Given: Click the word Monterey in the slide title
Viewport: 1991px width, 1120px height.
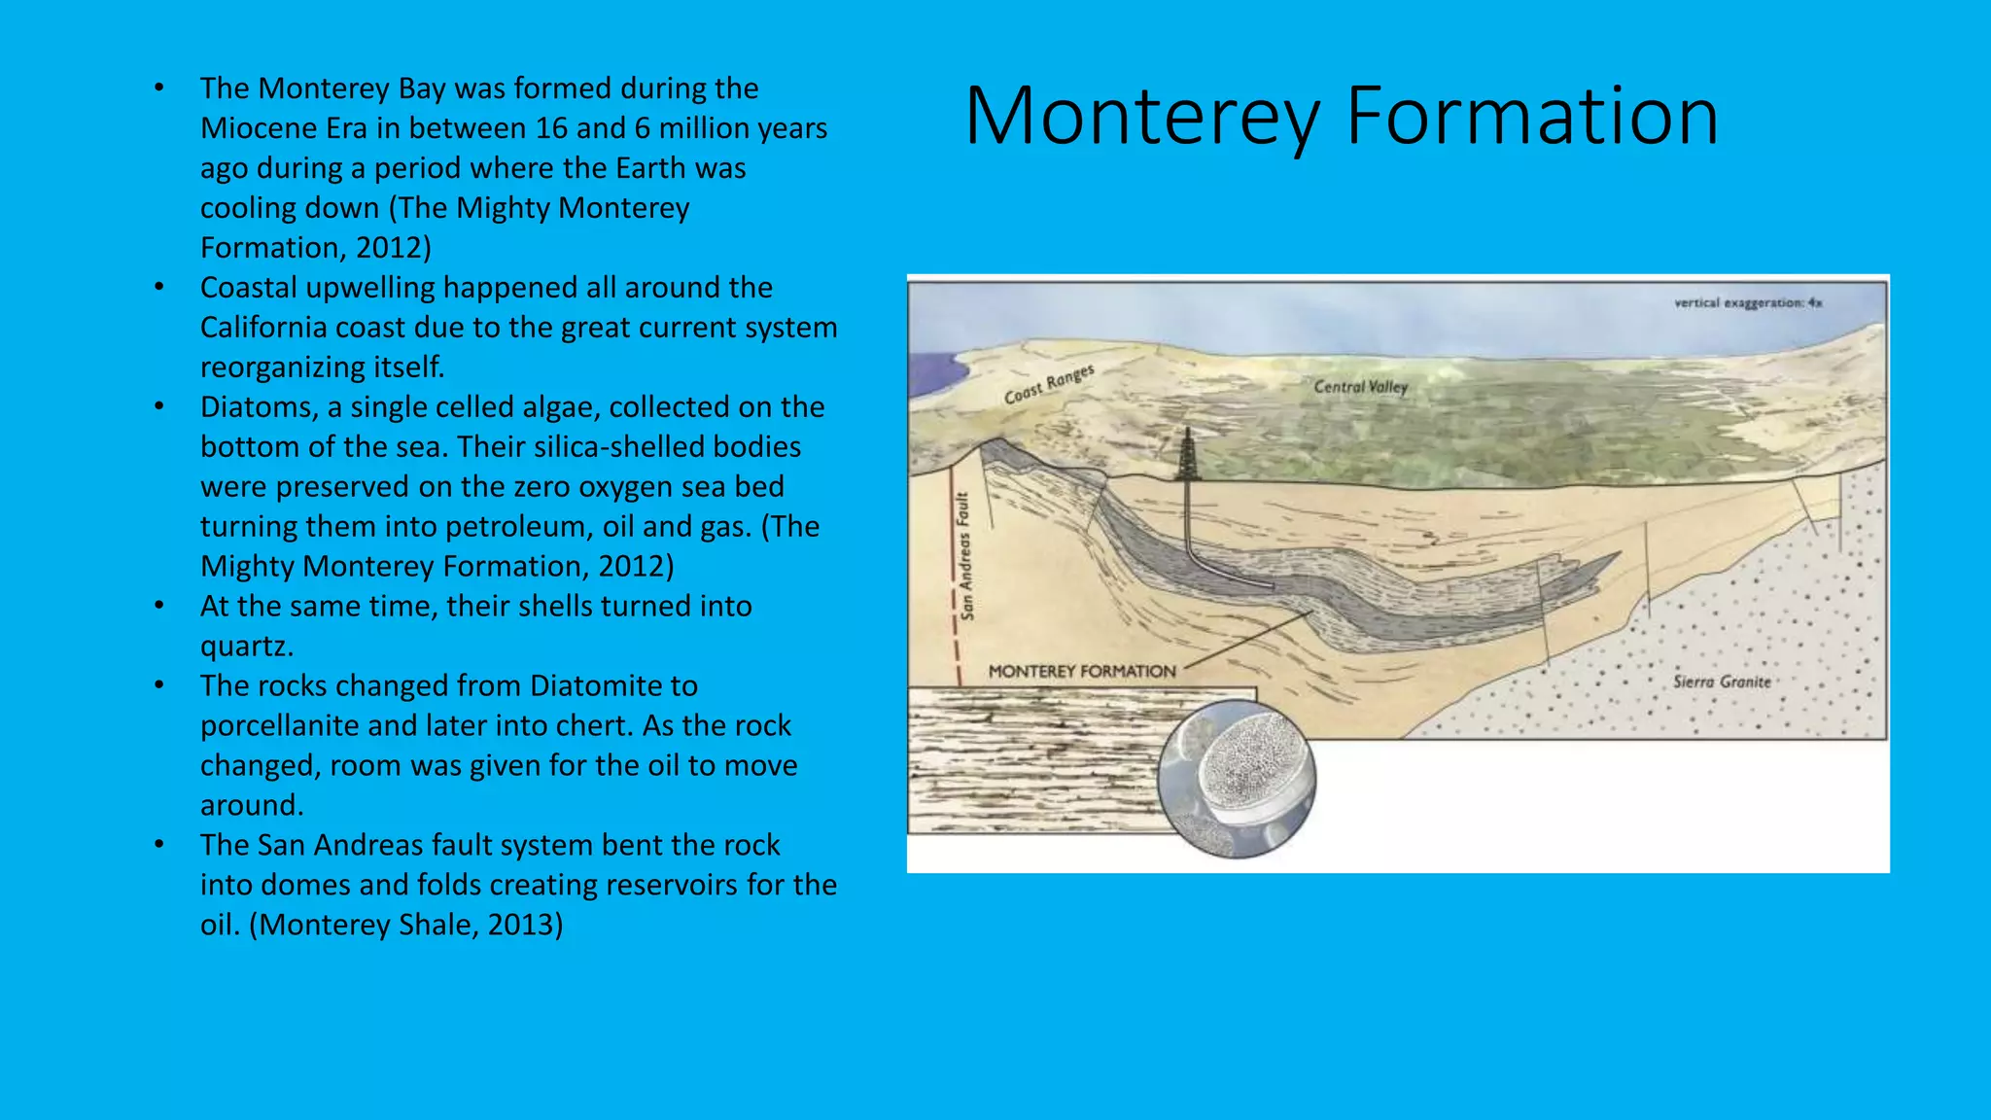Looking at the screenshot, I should point(1141,117).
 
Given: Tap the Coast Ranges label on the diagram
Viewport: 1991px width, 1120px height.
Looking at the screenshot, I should point(1049,384).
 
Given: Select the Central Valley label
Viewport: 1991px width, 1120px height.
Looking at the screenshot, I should point(1360,387).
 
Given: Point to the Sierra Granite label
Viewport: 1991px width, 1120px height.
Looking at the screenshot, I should point(1722,682).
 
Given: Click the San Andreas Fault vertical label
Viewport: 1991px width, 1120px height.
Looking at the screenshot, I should point(964,556).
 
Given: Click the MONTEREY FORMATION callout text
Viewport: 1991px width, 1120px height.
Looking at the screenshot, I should point(1081,671).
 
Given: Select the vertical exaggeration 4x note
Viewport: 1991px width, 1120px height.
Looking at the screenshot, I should point(1747,303).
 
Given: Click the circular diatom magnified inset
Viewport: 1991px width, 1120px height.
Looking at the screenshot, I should point(1237,778).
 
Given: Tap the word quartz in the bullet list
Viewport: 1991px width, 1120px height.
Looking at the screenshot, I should point(246,647).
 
